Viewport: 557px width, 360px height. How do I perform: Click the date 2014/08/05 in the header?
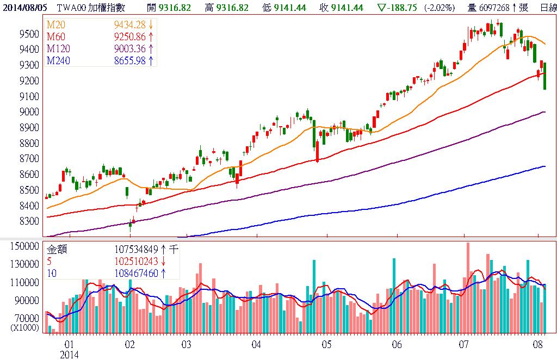[x=24, y=8]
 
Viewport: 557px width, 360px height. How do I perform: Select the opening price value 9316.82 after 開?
[x=175, y=8]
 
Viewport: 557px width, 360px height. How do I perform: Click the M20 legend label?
[x=55, y=26]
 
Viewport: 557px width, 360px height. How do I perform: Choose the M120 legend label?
[x=58, y=49]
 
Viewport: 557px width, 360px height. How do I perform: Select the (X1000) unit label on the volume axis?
[x=25, y=327]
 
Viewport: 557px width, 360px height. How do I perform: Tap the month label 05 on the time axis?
[x=326, y=345]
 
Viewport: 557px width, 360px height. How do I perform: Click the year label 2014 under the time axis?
[x=69, y=355]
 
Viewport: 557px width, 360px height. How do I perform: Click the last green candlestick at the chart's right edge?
[x=544, y=76]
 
